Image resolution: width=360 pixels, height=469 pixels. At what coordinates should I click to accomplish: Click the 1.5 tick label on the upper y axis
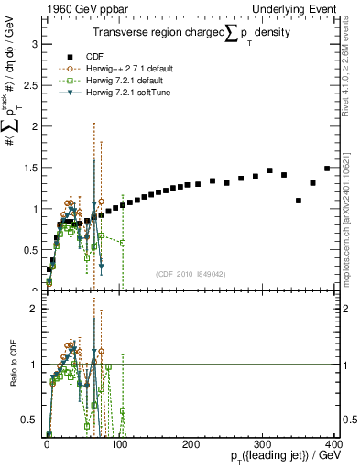coord(31,168)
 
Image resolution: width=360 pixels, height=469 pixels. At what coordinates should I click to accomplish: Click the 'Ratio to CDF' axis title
coord(14,365)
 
